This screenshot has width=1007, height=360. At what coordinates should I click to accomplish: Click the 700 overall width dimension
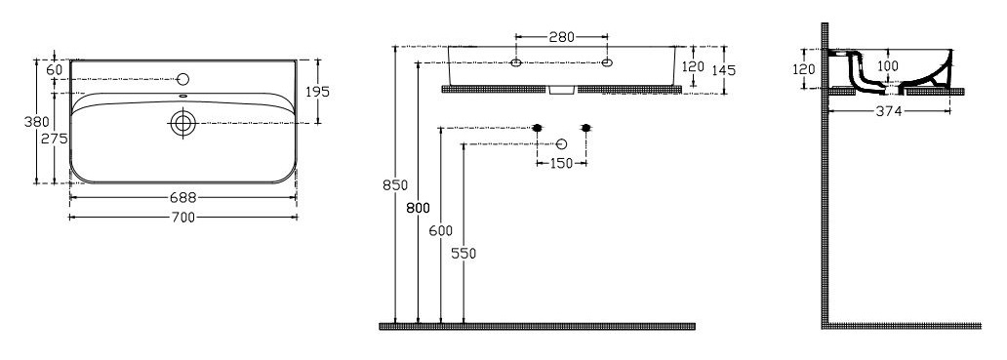183,218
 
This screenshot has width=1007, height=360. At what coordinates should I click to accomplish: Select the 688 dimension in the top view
183,198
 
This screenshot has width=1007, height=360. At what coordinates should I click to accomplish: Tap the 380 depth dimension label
37,122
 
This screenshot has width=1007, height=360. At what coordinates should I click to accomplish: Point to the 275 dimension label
55,140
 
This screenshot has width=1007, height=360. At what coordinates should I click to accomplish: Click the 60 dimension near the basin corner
54,69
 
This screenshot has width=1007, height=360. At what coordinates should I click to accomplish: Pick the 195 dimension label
316,92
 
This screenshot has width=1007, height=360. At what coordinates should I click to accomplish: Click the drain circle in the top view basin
183,123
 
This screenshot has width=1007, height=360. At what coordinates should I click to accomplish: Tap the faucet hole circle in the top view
183,80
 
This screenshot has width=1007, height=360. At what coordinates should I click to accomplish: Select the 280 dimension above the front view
561,37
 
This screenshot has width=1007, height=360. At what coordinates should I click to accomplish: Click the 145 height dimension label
724,70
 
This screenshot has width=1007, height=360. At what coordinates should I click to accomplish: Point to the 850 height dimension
395,185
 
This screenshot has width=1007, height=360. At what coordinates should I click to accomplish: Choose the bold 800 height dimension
418,208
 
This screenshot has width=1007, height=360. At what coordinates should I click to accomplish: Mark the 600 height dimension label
441,231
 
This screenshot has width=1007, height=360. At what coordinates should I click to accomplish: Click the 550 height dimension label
463,254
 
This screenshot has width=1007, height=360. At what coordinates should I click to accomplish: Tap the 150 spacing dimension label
561,164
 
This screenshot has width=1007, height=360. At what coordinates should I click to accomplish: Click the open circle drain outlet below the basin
561,143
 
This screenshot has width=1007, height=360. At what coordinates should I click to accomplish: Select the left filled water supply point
537,128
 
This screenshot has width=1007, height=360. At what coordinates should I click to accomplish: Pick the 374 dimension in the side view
890,111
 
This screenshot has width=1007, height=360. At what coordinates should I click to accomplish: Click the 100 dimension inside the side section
888,65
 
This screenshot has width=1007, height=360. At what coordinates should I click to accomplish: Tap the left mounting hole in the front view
516,62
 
